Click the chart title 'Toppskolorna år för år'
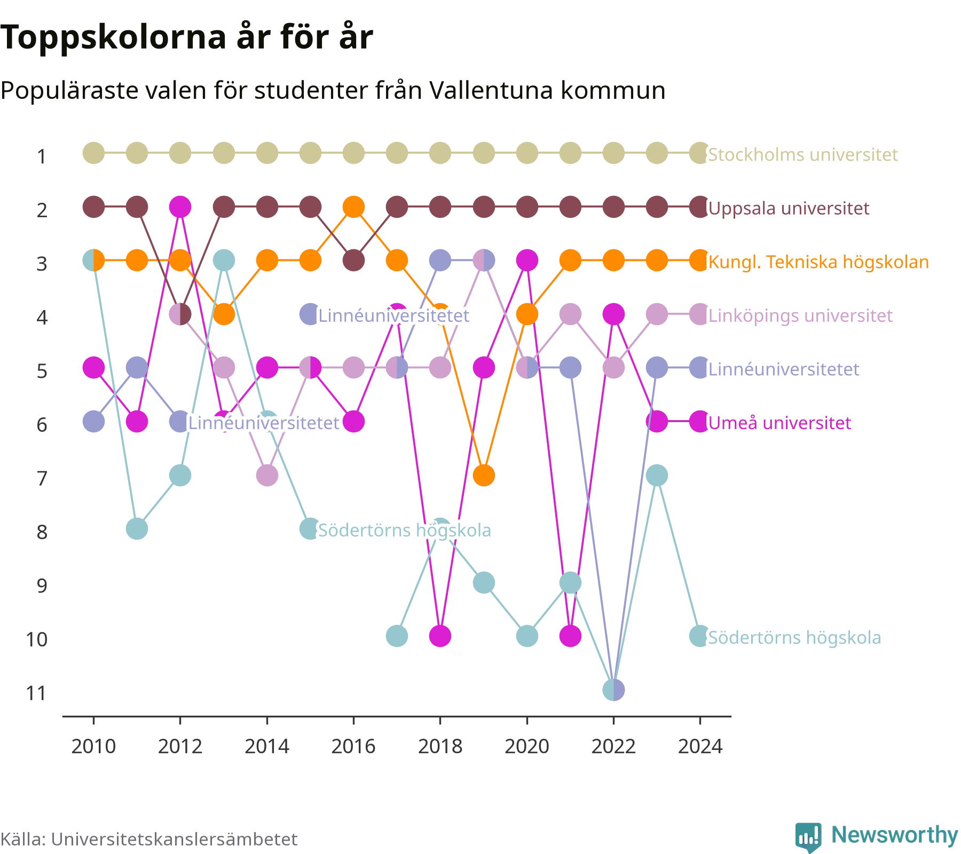pyautogui.click(x=186, y=38)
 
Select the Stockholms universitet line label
pyautogui.click(x=803, y=155)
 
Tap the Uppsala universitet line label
pyautogui.click(x=789, y=208)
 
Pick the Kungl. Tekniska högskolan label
pyautogui.click(x=818, y=262)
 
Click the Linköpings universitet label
pyautogui.click(x=800, y=315)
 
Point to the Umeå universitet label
pyautogui.click(x=779, y=423)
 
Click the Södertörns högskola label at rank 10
pyautogui.click(x=794, y=637)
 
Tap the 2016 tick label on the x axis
pyautogui.click(x=353, y=746)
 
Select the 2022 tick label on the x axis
pyautogui.click(x=613, y=746)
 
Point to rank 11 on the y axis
pyautogui.click(x=37, y=693)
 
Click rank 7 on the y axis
pyautogui.click(x=42, y=478)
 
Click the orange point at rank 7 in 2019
pyautogui.click(x=484, y=475)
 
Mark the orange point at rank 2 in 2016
pyautogui.click(x=353, y=207)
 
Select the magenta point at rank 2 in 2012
pyautogui.click(x=180, y=207)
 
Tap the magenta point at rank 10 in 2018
pyautogui.click(x=440, y=636)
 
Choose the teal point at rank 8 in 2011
pyautogui.click(x=137, y=529)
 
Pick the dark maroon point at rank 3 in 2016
pyautogui.click(x=353, y=260)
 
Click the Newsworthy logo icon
pyautogui.click(x=808, y=837)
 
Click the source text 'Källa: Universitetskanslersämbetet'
pyautogui.click(x=149, y=839)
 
